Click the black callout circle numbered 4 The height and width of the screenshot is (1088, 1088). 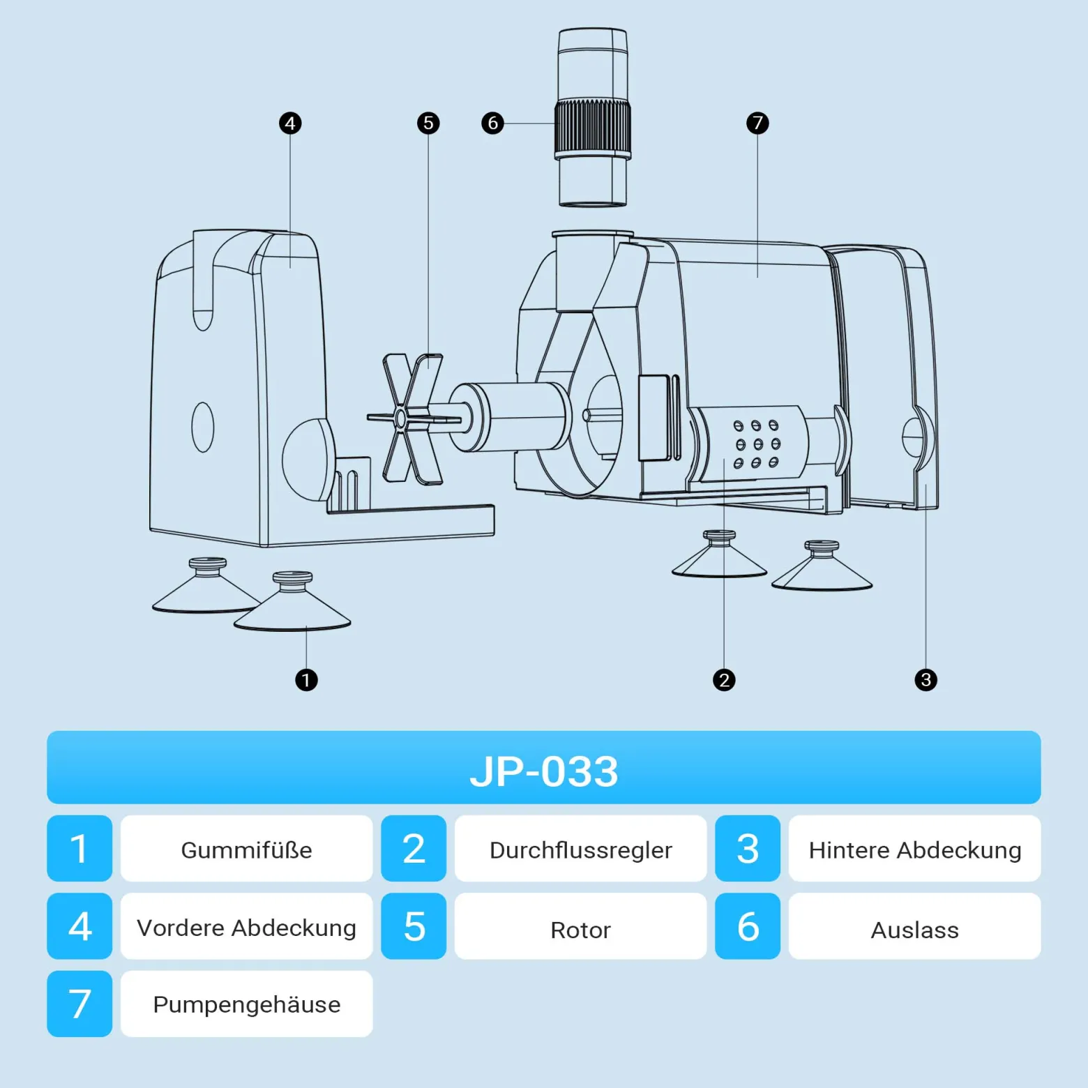coord(290,123)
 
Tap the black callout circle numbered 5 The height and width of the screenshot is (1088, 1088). coord(428,123)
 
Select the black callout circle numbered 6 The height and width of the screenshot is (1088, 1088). coord(492,123)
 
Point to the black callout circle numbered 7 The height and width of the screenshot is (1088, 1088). coord(757,123)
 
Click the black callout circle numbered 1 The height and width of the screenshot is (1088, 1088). coord(306,680)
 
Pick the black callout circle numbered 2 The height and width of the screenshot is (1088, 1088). coord(724,680)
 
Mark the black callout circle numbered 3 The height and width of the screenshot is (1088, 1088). coord(925,680)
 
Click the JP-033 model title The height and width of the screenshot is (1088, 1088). coord(544,771)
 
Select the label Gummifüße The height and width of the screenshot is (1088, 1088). coord(246,850)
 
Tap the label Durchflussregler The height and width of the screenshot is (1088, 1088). coord(580,850)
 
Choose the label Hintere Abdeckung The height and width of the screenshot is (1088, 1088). coord(915,850)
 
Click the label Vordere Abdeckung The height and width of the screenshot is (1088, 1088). coord(246,928)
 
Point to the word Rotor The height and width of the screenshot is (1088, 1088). coord(580,930)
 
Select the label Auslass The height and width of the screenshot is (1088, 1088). coord(915,930)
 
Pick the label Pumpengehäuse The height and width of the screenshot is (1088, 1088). coord(247,1005)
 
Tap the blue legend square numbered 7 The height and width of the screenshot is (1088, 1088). coord(80,1004)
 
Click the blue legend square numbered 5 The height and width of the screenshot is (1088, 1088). coord(414,926)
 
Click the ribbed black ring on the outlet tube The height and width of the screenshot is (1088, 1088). coord(593,130)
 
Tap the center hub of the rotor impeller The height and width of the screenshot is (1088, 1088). coord(401,418)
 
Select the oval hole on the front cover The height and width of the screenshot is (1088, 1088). coord(203,427)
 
